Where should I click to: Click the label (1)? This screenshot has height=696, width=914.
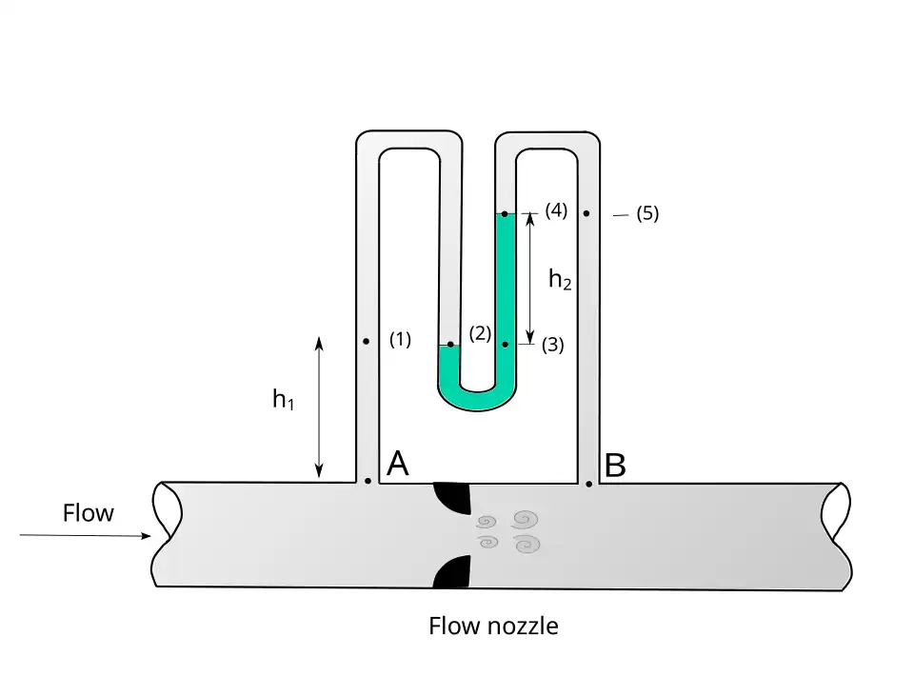pyautogui.click(x=400, y=339)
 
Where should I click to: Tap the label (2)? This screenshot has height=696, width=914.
pyautogui.click(x=480, y=333)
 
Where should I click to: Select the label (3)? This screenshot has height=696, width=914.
pyautogui.click(x=552, y=346)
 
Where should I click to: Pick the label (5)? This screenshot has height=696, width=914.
pyautogui.click(x=647, y=213)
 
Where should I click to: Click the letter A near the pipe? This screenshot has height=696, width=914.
pyautogui.click(x=398, y=464)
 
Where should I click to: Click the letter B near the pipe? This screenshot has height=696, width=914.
pyautogui.click(x=615, y=467)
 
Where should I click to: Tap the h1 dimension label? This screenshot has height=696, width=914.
pyautogui.click(x=283, y=400)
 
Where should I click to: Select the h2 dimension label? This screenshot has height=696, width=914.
pyautogui.click(x=560, y=279)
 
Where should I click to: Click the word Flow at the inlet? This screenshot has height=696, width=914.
pyautogui.click(x=88, y=513)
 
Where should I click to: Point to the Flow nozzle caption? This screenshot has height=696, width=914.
pyautogui.click(x=493, y=626)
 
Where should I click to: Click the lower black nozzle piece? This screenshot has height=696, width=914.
pyautogui.click(x=453, y=571)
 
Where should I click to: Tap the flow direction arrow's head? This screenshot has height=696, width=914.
pyautogui.click(x=146, y=536)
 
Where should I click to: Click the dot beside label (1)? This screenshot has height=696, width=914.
pyautogui.click(x=367, y=340)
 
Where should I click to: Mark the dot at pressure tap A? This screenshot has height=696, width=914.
pyautogui.click(x=368, y=481)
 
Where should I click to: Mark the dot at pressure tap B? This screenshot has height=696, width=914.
pyautogui.click(x=589, y=484)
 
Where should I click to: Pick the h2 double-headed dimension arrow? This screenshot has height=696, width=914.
pyautogui.click(x=530, y=276)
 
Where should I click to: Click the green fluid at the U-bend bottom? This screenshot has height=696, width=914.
pyautogui.click(x=478, y=400)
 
